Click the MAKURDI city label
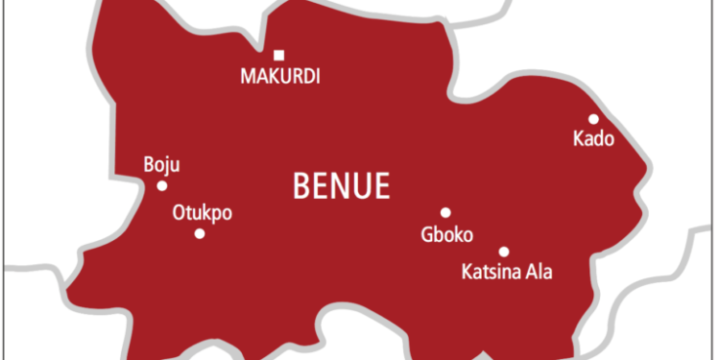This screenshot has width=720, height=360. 279,76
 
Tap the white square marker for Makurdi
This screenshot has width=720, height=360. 279,55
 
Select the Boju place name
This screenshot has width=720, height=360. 160,165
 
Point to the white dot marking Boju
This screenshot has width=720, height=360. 162,185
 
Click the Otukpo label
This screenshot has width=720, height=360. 202,212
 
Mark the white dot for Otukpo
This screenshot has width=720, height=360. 200,233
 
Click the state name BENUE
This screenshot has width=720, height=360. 341,185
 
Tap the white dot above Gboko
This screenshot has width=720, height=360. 445,212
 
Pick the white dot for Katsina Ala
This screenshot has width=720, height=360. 504,252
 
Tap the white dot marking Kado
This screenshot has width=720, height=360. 593,119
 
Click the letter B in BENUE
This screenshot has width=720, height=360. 300,185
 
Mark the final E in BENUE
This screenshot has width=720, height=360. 383,185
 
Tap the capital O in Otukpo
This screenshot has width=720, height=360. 178,212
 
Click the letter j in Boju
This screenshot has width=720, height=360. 166,166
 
